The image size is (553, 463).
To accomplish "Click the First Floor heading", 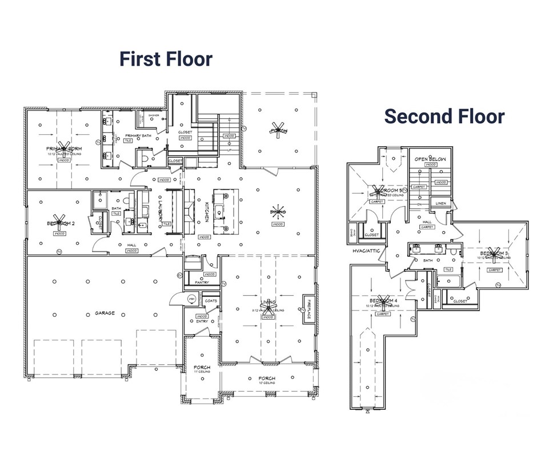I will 166,59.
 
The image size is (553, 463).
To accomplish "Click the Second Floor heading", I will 444,116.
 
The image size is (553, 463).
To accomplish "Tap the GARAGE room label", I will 105,313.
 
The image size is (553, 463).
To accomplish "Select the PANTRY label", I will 202,282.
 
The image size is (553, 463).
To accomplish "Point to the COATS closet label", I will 211,300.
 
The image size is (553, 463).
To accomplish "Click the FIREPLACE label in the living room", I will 308,308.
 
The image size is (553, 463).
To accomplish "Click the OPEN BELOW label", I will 430,159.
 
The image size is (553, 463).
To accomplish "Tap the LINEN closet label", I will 440,203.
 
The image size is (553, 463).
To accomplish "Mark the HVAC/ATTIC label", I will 366,250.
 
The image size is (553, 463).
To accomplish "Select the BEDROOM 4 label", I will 383,300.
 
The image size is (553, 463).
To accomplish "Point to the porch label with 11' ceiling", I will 202,367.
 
